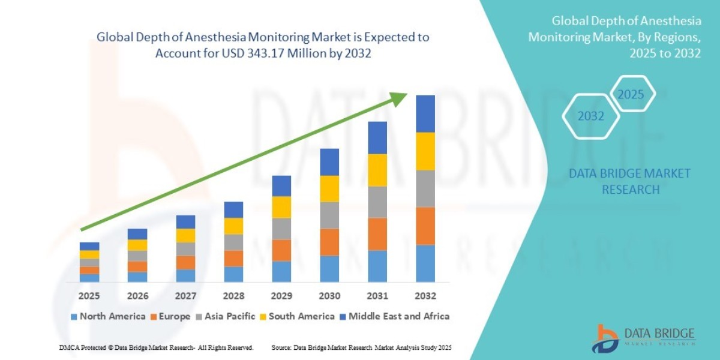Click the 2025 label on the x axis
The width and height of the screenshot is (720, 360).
89,296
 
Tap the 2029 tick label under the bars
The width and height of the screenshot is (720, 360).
281,296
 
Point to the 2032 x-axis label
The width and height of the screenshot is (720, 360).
425,296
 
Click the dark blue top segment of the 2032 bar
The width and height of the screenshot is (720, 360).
425,113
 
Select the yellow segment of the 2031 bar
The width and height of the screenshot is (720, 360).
377,170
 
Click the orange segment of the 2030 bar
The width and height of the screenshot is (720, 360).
329,242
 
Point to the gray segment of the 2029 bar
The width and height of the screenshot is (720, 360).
281,229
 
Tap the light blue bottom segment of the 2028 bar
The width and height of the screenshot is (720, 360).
233,274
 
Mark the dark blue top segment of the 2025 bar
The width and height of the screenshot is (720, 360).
89,246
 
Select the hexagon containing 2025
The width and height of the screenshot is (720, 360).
631,95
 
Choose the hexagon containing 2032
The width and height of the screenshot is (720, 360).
591,116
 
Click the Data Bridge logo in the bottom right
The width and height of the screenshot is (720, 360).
644,337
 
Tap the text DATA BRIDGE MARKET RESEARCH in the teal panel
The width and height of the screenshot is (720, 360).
629,181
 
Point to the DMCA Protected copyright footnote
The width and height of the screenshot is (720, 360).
156,347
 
